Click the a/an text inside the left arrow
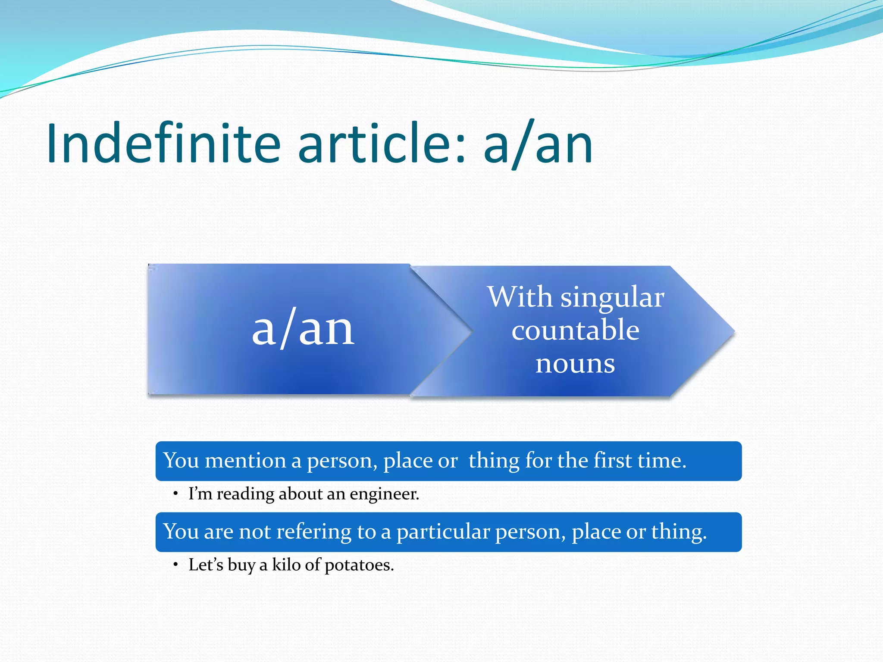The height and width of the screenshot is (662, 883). pyautogui.click(x=303, y=330)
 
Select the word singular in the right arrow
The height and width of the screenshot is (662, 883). pyautogui.click(x=612, y=298)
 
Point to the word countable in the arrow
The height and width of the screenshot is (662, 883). pyautogui.click(x=575, y=331)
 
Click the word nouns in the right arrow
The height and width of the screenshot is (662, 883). pyautogui.click(x=575, y=363)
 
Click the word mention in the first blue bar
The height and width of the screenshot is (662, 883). pyautogui.click(x=245, y=461)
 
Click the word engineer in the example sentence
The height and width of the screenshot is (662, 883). pyautogui.click(x=384, y=494)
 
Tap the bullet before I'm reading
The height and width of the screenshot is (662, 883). pyautogui.click(x=175, y=494)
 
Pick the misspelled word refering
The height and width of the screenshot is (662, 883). pyautogui.click(x=313, y=532)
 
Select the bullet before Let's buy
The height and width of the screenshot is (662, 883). pyautogui.click(x=175, y=565)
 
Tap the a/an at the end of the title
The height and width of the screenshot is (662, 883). pyautogui.click(x=538, y=144)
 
